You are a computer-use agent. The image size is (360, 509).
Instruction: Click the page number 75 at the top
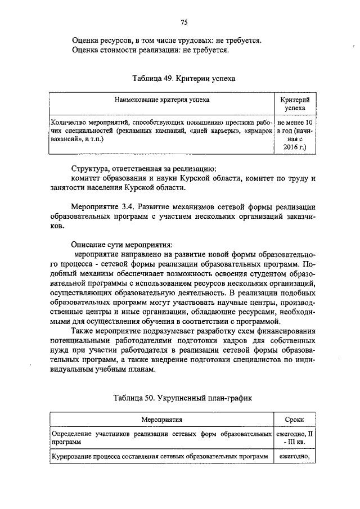(x=183, y=22)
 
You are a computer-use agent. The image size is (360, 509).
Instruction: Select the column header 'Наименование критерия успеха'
(x=162, y=100)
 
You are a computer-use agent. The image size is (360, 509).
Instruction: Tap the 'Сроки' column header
(x=295, y=420)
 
